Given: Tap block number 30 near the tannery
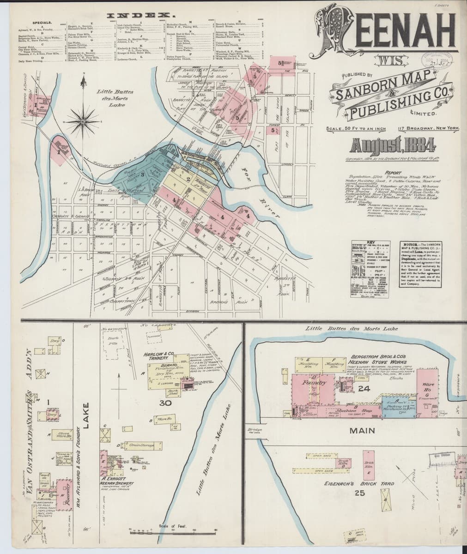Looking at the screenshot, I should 165,403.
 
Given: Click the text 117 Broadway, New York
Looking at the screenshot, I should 425,128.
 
